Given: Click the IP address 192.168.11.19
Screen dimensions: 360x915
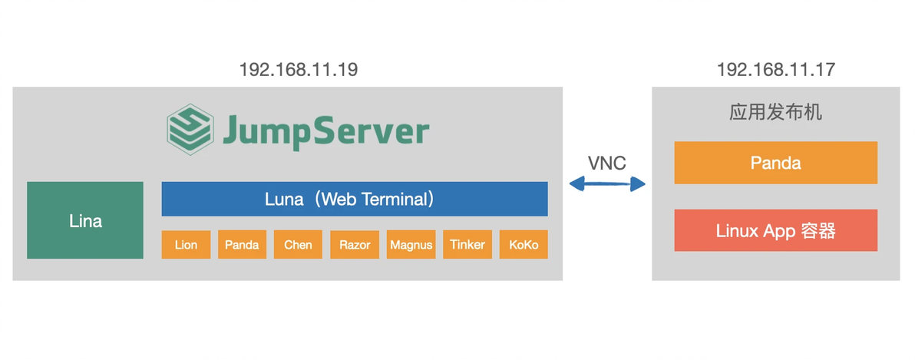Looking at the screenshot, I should [x=298, y=70].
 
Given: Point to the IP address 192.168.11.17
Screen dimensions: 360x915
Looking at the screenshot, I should [x=775, y=70].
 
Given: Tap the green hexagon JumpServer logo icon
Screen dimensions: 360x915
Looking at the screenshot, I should [x=190, y=130].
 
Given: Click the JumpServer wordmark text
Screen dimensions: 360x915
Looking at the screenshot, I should [x=325, y=131].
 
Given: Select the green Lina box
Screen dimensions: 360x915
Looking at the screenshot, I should [x=85, y=220].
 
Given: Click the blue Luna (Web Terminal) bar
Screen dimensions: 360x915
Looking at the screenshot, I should [x=354, y=199].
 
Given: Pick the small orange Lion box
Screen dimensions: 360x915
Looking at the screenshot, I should [x=186, y=245].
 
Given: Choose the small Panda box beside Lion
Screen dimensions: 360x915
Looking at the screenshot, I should [x=242, y=245].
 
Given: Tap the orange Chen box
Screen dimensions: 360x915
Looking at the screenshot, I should [x=298, y=245].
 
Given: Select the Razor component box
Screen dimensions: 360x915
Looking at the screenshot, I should [x=355, y=245].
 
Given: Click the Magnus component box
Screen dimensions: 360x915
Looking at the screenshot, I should [x=411, y=245].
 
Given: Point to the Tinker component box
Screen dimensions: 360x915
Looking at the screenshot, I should [x=467, y=245].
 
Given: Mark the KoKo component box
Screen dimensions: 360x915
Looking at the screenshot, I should [x=524, y=245].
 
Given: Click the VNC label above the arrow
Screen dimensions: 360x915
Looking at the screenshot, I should [x=606, y=163].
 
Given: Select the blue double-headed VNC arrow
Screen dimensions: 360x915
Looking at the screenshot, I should [x=606, y=183].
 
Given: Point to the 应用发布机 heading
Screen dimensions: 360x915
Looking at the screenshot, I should [x=775, y=112].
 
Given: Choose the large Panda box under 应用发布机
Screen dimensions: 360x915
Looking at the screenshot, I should [x=775, y=163].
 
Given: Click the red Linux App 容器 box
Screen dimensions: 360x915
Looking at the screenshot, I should [x=775, y=230].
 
